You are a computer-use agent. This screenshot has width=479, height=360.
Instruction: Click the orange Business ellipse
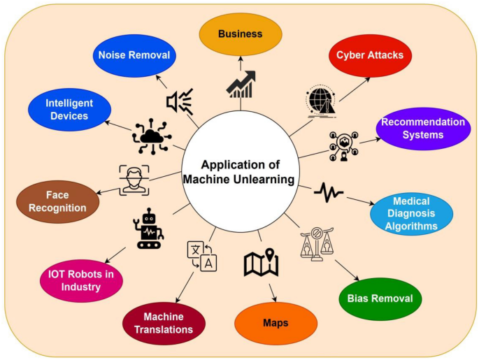[240, 34]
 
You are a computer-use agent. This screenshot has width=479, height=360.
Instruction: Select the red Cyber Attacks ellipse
[369, 55]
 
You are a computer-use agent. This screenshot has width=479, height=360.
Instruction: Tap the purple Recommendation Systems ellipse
[422, 128]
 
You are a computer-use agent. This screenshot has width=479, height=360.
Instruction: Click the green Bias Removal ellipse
[380, 298]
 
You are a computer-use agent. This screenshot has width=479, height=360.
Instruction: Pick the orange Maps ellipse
[276, 323]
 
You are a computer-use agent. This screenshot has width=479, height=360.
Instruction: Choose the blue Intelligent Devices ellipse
[69, 110]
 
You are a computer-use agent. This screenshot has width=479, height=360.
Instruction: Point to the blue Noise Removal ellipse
[132, 55]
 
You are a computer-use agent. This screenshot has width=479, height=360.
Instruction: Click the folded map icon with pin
[262, 261]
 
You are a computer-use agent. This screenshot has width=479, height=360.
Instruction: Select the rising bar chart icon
[239, 83]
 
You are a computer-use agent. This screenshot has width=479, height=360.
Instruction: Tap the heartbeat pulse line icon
[328, 191]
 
